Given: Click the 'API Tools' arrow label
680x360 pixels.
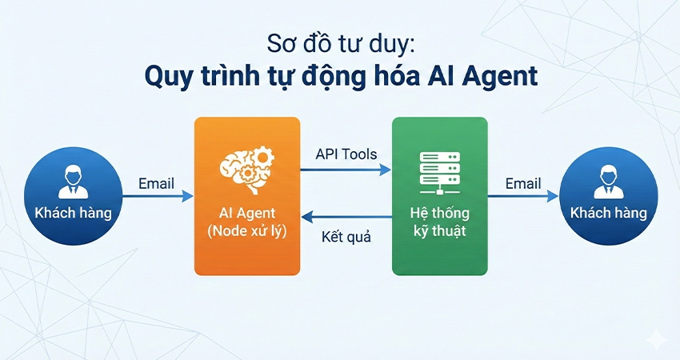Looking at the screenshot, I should (x=346, y=154).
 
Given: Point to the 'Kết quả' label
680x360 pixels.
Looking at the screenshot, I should (x=346, y=237).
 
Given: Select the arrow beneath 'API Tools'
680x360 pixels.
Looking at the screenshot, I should (x=346, y=170).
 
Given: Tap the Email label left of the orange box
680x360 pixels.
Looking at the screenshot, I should (x=156, y=183).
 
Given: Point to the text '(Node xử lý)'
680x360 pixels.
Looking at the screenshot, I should (x=247, y=233).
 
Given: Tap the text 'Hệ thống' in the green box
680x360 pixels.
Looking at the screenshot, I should (x=439, y=214).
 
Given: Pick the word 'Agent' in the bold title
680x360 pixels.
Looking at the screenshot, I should (x=499, y=78).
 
